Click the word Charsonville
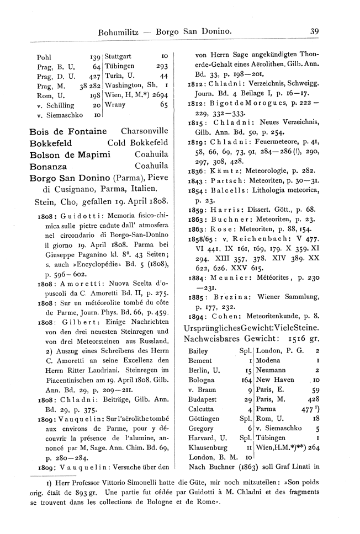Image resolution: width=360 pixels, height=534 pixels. (144, 131)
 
